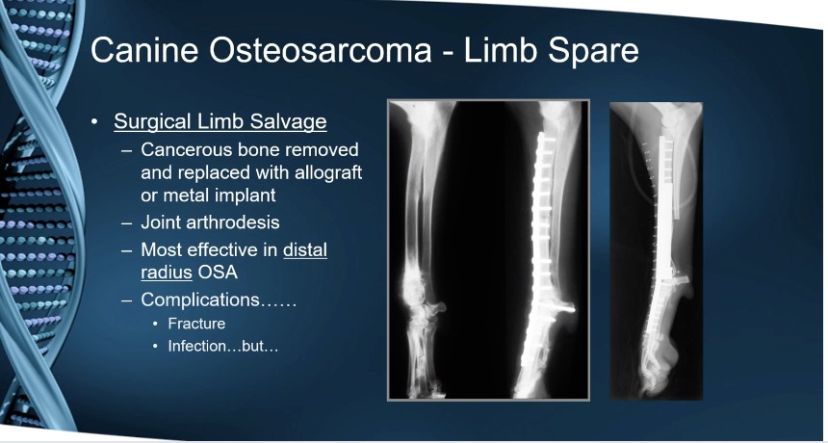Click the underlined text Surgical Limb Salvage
[220, 122]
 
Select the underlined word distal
[305, 249]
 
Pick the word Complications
[200, 300]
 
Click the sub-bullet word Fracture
[196, 324]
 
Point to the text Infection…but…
[222, 347]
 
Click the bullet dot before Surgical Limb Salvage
[94, 122]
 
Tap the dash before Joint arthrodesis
[127, 222]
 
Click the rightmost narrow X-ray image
[657, 250]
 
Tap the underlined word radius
[167, 273]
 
